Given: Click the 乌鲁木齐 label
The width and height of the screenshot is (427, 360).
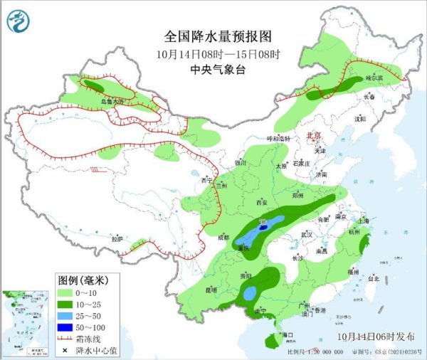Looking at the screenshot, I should coord(112,102).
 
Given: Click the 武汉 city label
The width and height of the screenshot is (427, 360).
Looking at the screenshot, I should coord(307,234).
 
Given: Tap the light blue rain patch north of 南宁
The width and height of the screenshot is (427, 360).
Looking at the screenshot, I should coord(249,292).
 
